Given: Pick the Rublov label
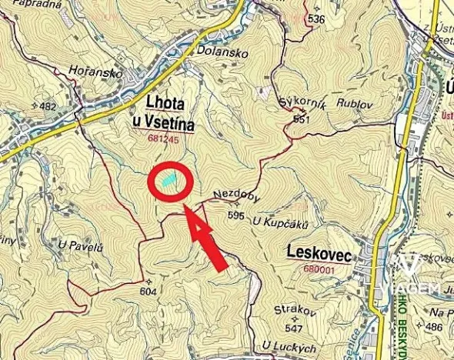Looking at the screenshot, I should pos(343,102).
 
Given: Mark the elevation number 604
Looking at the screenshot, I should pos(149,291).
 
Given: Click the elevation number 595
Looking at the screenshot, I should pos(235,216).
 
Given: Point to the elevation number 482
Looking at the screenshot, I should pos(48,106).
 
